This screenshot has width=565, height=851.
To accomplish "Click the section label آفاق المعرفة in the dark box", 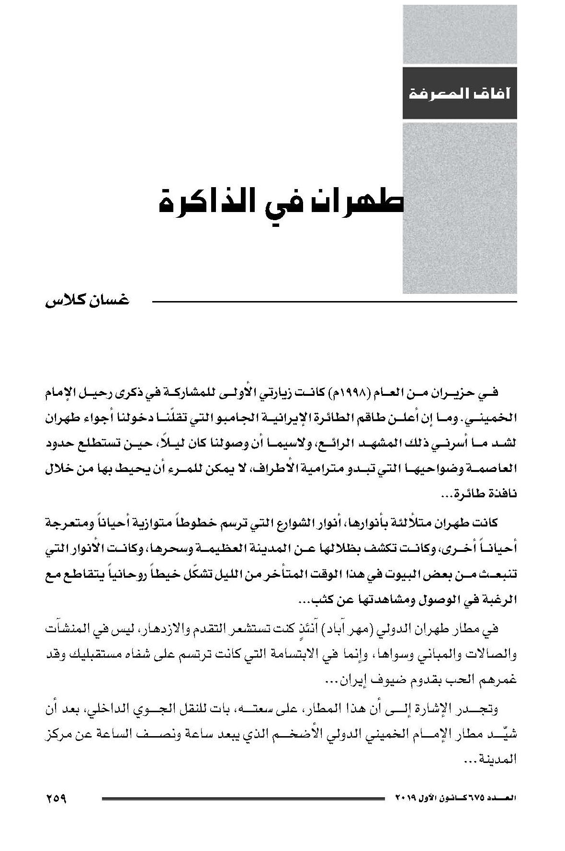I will [460, 93].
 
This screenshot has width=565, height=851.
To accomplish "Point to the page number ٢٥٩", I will [56, 798].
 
